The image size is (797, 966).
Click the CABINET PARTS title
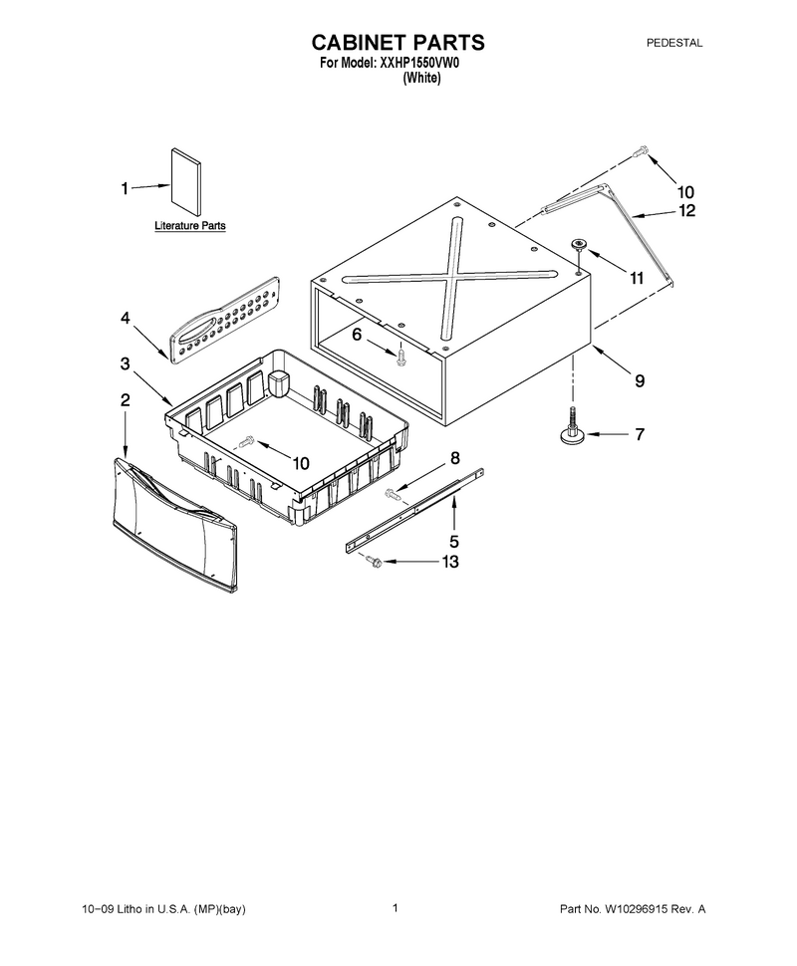(398, 43)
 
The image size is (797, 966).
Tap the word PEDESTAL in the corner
(674, 43)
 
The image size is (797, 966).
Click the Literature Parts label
(190, 225)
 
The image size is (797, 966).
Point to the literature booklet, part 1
(185, 181)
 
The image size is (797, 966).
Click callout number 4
(126, 319)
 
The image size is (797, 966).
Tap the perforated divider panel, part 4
(224, 320)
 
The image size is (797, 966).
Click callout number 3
(126, 364)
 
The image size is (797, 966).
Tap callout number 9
(640, 380)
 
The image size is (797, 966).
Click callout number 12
(686, 211)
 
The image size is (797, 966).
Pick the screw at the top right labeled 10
(641, 149)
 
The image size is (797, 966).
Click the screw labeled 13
(372, 560)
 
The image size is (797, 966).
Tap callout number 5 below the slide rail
(453, 542)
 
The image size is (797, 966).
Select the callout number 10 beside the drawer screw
(300, 463)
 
